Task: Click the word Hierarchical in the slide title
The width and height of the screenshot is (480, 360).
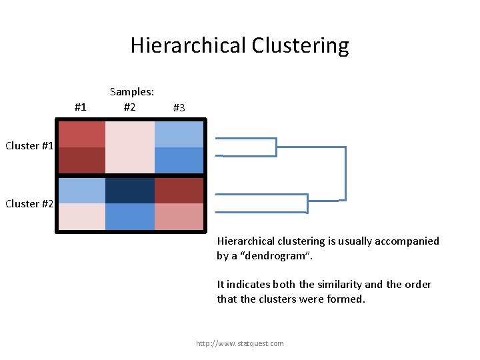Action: click(x=189, y=45)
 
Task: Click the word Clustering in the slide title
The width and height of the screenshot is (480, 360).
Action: click(x=300, y=45)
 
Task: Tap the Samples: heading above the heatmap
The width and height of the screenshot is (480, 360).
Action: click(x=132, y=92)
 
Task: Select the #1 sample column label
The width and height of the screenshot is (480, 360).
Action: click(x=80, y=107)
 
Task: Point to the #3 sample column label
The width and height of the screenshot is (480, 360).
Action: click(x=179, y=107)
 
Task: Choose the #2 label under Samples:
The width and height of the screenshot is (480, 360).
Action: click(x=130, y=106)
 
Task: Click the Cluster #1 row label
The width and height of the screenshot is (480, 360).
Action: click(x=29, y=146)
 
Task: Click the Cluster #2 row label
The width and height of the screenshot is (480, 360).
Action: click(x=29, y=204)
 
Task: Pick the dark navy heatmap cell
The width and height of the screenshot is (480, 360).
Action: click(x=130, y=190)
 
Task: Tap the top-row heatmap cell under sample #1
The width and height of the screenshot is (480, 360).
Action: click(x=81, y=134)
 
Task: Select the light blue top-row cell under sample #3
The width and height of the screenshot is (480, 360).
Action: click(x=179, y=134)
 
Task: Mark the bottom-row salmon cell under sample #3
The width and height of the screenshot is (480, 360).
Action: click(x=179, y=217)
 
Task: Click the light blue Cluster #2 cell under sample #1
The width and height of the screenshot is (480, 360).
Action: click(x=81, y=190)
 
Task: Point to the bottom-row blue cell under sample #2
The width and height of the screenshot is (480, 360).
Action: click(x=130, y=217)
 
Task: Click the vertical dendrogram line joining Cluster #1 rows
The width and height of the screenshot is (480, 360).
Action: click(x=276, y=147)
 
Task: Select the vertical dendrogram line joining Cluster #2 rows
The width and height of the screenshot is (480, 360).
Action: click(x=307, y=203)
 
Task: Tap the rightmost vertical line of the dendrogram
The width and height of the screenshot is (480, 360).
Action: click(x=345, y=173)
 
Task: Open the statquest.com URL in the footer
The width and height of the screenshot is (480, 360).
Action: click(x=239, y=343)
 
